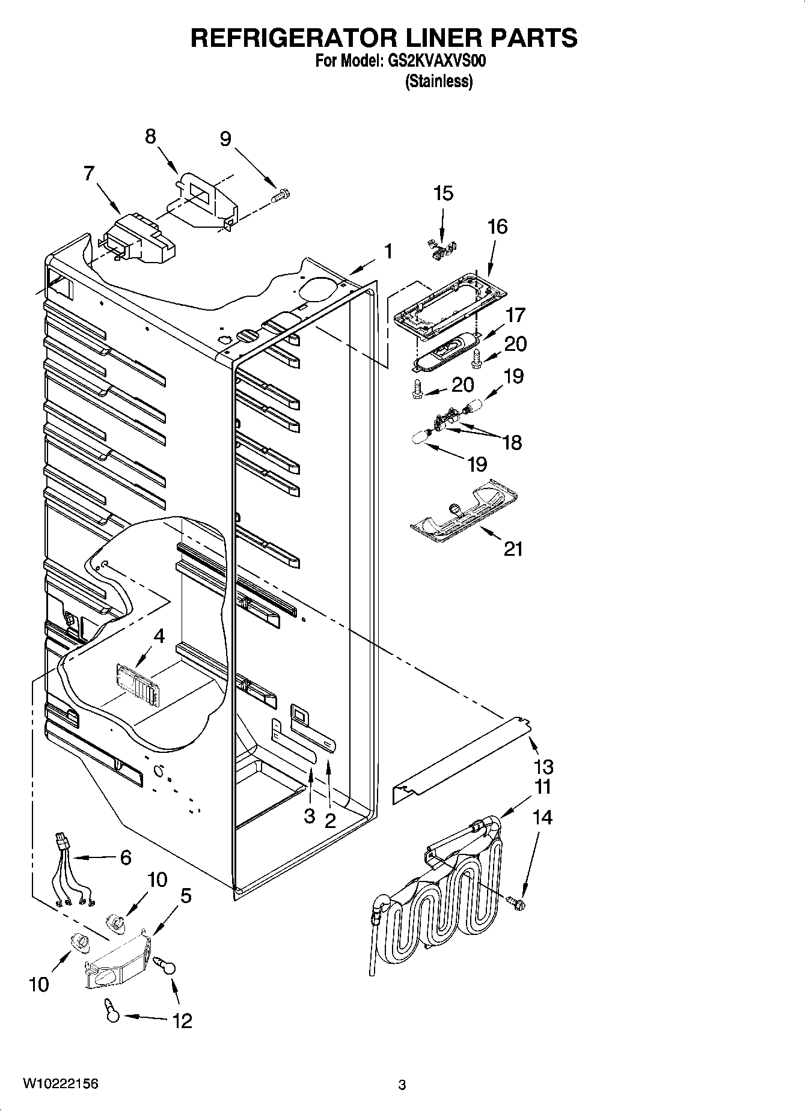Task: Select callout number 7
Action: [89, 174]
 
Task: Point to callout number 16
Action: [497, 227]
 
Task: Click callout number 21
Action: [513, 549]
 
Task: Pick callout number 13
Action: [543, 767]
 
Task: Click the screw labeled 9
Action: [281, 195]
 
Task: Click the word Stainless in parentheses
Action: [439, 81]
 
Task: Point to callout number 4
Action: [159, 636]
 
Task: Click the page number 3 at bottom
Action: [402, 1085]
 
